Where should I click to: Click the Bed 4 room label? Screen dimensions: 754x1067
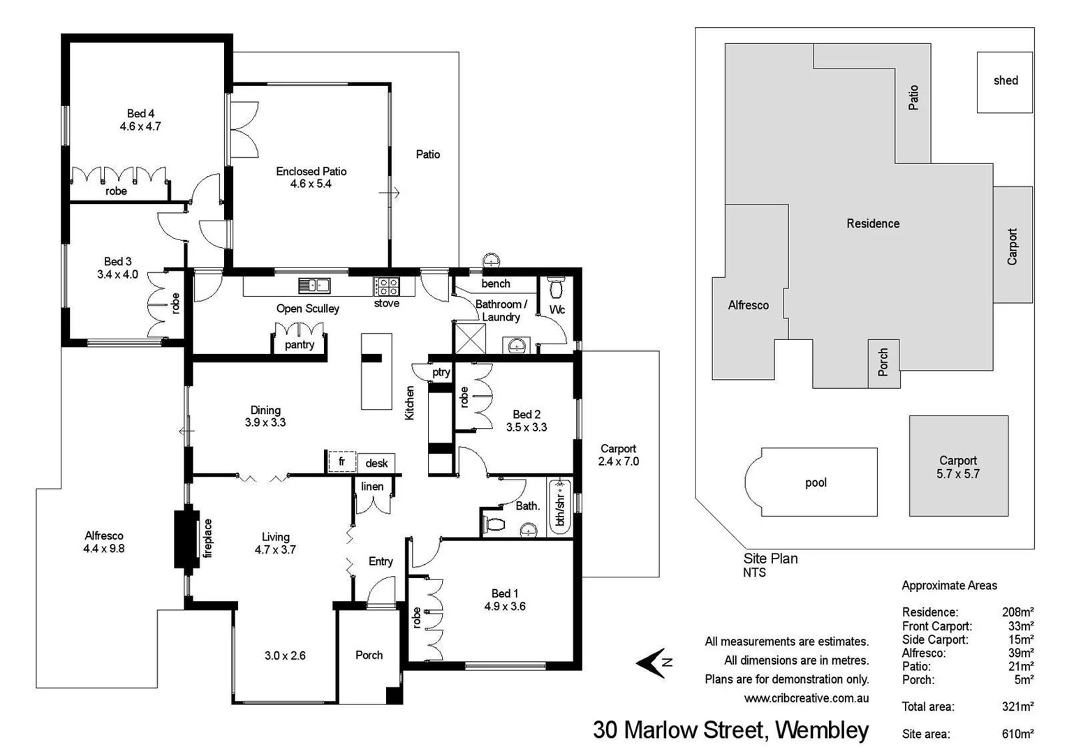(x=140, y=113)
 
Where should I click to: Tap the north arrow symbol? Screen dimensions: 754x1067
(x=653, y=663)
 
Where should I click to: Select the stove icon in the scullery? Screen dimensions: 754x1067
(x=386, y=285)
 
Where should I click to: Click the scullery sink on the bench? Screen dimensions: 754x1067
(x=314, y=285)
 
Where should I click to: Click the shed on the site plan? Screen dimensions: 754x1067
(x=1005, y=82)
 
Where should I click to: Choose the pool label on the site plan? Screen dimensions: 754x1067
(x=816, y=482)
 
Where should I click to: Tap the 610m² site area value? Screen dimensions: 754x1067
(x=1017, y=734)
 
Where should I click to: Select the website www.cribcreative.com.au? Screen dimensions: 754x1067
(x=806, y=697)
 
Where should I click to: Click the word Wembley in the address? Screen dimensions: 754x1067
(x=822, y=730)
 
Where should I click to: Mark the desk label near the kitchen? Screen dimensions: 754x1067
(x=376, y=463)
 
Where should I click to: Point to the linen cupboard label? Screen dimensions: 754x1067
(x=372, y=487)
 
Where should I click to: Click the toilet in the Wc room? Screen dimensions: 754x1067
(x=557, y=288)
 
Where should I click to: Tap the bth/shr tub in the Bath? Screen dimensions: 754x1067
(x=560, y=505)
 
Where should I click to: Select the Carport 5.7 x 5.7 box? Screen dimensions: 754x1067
(x=958, y=466)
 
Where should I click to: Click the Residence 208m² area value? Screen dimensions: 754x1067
(x=1017, y=612)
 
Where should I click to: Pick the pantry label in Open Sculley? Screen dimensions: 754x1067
(x=300, y=345)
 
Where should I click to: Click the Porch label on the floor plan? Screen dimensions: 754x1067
(x=369, y=655)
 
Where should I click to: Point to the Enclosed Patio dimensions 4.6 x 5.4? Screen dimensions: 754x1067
(x=311, y=184)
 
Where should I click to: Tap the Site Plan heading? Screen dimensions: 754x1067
(x=770, y=559)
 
